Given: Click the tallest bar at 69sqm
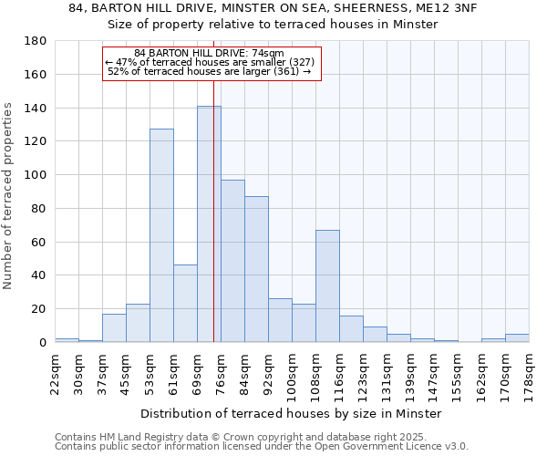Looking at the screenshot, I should [x=209, y=224].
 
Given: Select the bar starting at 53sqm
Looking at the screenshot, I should [x=161, y=235].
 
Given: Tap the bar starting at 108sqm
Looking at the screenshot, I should [x=327, y=285].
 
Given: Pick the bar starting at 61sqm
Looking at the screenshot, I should [x=185, y=303].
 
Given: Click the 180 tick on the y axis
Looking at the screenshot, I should [x=36, y=41].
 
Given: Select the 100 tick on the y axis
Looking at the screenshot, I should [x=36, y=175].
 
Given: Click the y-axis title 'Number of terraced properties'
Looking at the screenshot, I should [x=9, y=196].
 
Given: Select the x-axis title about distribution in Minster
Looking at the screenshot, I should [x=291, y=413].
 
